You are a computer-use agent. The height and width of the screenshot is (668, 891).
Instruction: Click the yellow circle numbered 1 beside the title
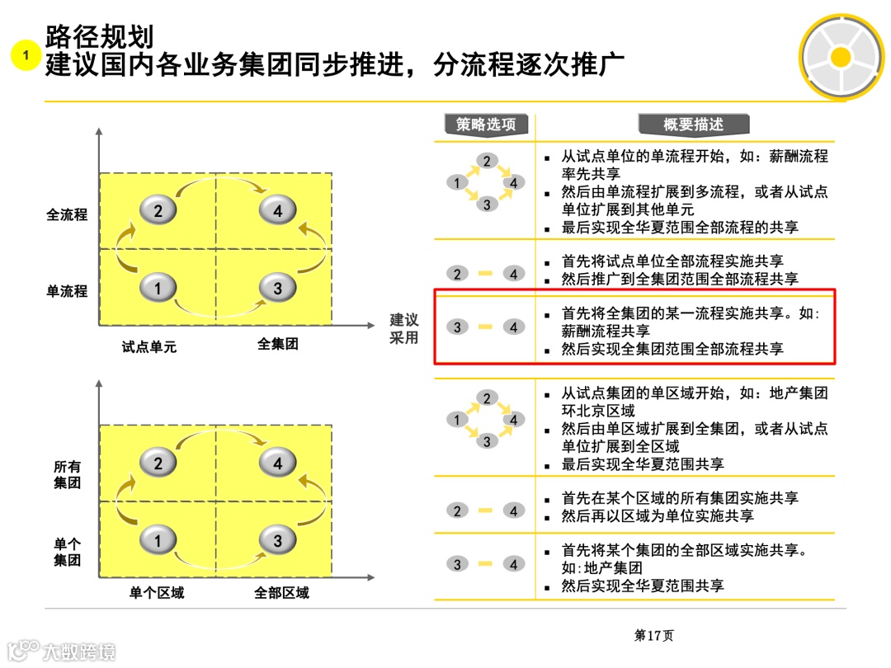(26, 55)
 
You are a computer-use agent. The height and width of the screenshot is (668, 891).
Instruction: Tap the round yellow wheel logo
(840, 56)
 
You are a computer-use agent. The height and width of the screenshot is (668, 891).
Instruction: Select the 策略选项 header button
(486, 125)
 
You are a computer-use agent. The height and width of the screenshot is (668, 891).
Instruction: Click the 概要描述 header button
(693, 125)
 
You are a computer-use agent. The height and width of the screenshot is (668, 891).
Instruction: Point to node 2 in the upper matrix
(158, 211)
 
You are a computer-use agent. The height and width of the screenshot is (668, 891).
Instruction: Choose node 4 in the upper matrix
(277, 211)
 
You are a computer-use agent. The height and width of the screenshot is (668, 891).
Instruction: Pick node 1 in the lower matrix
(158, 540)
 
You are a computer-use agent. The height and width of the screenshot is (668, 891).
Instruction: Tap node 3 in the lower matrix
(277, 540)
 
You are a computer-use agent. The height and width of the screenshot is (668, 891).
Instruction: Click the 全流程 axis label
(67, 215)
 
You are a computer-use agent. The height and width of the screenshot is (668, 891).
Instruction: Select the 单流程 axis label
(67, 291)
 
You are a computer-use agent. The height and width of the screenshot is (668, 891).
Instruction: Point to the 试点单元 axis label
(149, 347)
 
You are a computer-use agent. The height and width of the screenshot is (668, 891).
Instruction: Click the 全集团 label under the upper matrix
(277, 344)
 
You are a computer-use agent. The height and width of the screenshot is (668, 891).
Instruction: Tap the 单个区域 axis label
(157, 593)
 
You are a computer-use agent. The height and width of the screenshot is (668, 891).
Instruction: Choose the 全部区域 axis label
(281, 593)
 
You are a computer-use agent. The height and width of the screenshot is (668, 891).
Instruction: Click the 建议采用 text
(404, 329)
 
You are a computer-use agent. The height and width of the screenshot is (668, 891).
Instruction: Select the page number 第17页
(653, 636)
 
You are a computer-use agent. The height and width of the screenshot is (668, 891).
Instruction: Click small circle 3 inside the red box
(457, 327)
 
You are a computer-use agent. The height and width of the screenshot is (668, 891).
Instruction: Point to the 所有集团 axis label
(67, 475)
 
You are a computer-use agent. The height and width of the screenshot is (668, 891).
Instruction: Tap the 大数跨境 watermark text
(79, 651)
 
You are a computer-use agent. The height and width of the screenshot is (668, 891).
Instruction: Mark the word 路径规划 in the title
(99, 36)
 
